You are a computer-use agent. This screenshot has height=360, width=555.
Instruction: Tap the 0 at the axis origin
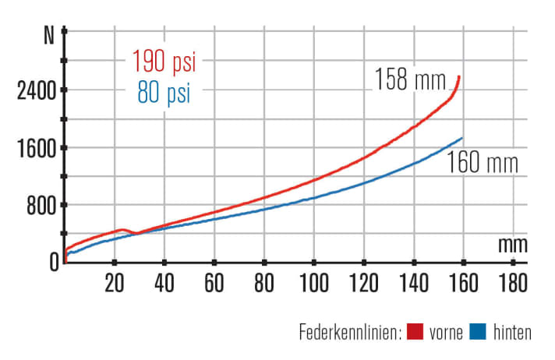(54, 262)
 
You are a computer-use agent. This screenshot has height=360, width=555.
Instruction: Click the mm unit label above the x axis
(513, 244)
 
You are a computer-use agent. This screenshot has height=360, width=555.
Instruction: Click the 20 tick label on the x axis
(115, 281)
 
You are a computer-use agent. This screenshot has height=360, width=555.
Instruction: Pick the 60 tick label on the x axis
(214, 281)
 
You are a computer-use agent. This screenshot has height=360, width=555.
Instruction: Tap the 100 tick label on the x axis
(313, 281)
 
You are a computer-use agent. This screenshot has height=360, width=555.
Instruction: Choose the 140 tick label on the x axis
(413, 281)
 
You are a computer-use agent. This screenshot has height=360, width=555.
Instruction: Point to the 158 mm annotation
(410, 79)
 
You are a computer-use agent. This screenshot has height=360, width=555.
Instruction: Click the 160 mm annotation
(483, 165)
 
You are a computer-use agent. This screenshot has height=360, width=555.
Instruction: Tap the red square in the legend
(415, 333)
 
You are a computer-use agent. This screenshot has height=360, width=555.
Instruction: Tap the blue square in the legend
(479, 333)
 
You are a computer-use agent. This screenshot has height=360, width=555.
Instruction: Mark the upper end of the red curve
(459, 76)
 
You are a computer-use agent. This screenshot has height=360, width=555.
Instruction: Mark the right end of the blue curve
(462, 138)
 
